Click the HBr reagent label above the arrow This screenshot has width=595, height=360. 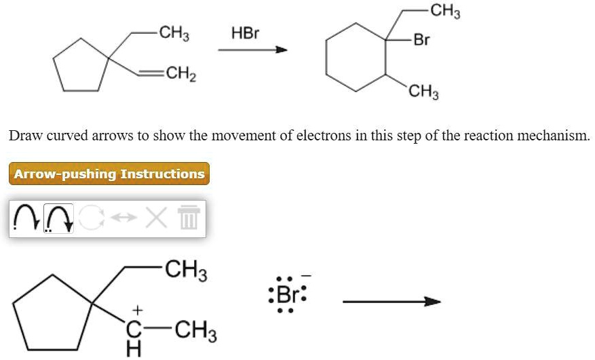(x=245, y=33)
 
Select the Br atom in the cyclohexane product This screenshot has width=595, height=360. (x=421, y=39)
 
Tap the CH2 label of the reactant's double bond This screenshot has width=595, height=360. (x=181, y=74)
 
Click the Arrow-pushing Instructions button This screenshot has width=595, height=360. (x=109, y=174)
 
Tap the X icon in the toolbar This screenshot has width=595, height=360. (x=156, y=218)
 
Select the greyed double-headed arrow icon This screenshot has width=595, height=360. (x=123, y=218)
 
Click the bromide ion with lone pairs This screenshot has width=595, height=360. (x=288, y=294)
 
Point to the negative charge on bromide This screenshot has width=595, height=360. (x=307, y=276)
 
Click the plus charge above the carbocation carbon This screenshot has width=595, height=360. (x=137, y=311)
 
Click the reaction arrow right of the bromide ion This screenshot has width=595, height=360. (x=391, y=302)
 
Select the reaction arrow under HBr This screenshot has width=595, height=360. (x=253, y=49)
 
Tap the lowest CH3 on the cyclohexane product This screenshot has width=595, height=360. (x=423, y=92)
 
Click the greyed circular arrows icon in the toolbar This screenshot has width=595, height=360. (x=92, y=218)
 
